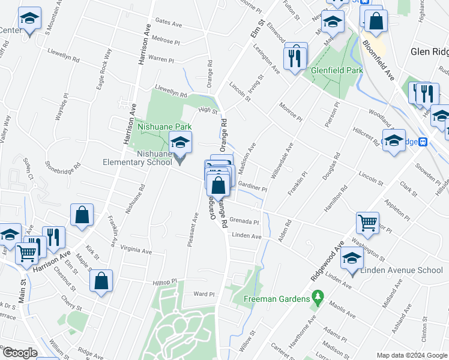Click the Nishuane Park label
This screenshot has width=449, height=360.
(x=164, y=127)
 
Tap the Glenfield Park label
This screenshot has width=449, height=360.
(x=337, y=70)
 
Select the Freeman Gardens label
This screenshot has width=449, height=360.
(x=277, y=298)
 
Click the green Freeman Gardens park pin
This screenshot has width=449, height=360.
(x=318, y=297)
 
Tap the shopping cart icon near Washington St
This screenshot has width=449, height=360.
(x=367, y=223)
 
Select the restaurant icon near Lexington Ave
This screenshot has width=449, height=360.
(x=294, y=57)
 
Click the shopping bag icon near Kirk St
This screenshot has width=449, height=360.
(x=82, y=215)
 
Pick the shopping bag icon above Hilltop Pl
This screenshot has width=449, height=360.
(x=102, y=280)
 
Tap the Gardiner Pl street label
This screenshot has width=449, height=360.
(x=252, y=187)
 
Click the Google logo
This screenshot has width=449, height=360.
(x=20, y=353)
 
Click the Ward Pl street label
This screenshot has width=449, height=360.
(x=204, y=295)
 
